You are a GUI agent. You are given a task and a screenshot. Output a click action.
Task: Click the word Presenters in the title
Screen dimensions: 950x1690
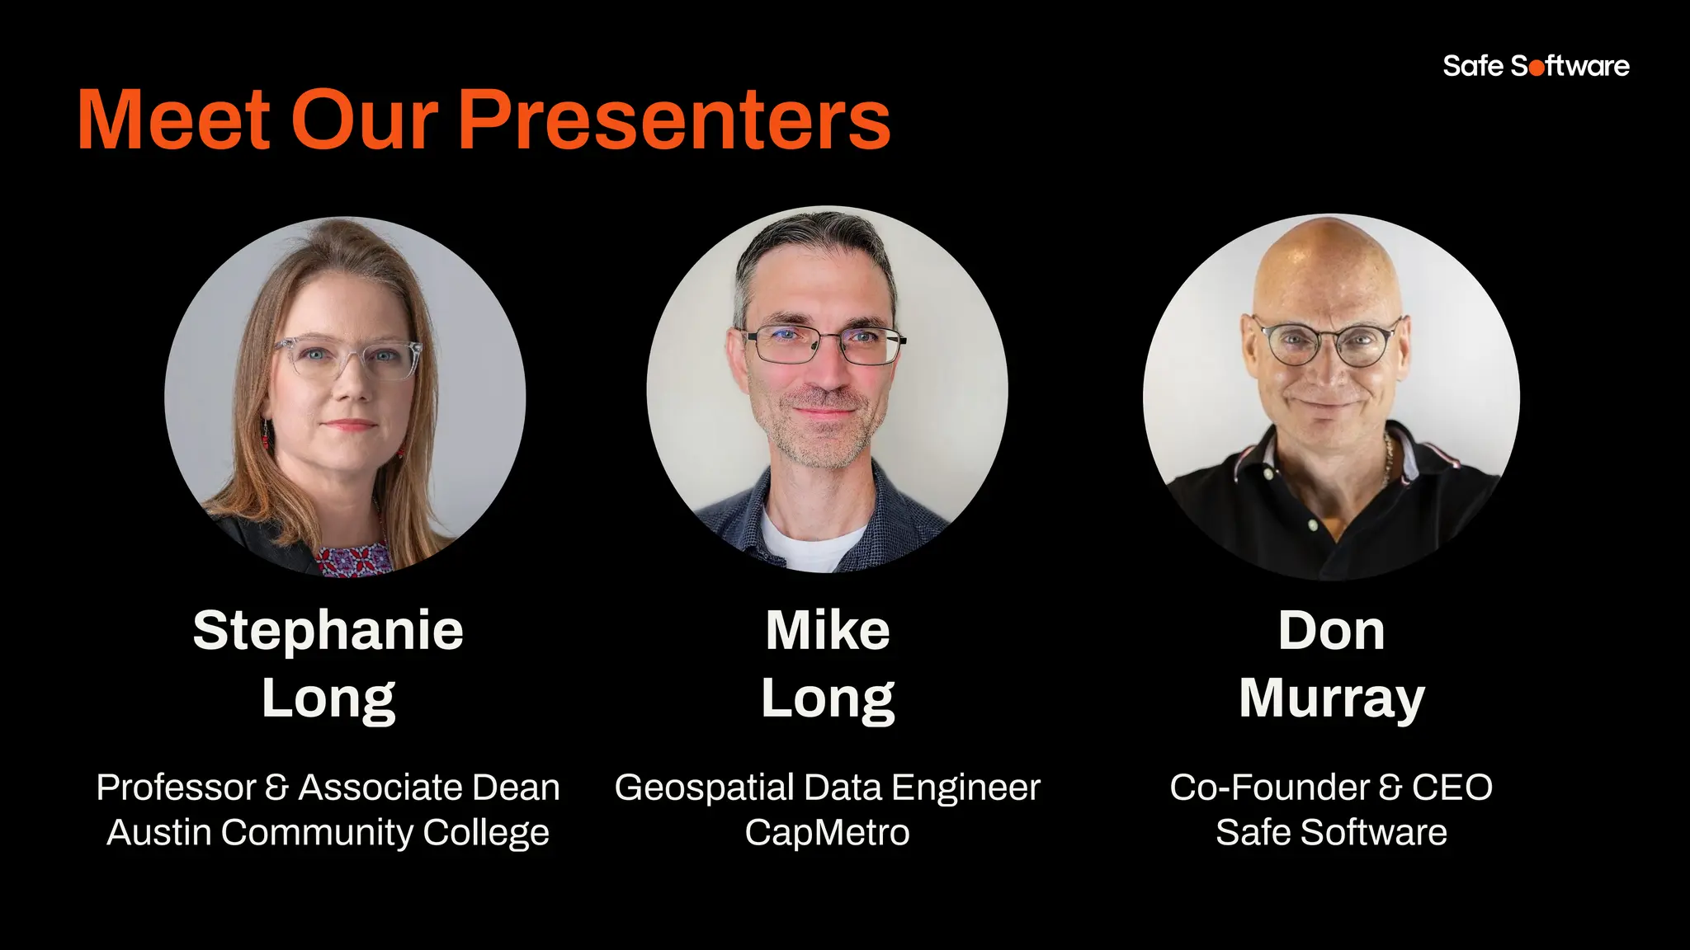(674, 120)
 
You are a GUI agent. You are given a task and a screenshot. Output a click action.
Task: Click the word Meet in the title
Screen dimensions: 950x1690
(174, 120)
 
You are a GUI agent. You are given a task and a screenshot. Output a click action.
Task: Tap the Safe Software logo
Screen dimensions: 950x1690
(1536, 66)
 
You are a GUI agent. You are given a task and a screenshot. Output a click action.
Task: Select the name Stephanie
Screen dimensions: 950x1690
(328, 631)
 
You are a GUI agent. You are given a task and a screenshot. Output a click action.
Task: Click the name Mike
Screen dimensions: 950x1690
(828, 631)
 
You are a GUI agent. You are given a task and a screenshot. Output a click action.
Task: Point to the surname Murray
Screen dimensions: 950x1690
(1331, 699)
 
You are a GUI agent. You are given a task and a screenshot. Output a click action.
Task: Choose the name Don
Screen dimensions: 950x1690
(1331, 631)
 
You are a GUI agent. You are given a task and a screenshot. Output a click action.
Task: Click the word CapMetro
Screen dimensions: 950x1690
(827, 833)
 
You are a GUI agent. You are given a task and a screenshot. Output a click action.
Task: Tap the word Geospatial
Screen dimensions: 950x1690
(704, 788)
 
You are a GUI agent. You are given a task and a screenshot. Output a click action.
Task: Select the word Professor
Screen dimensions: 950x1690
(177, 788)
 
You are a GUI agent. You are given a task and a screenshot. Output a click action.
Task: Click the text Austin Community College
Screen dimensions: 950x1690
(328, 833)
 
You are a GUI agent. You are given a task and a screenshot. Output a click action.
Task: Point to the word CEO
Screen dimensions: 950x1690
(1452, 788)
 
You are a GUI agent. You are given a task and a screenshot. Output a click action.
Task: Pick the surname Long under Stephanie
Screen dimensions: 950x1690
(328, 699)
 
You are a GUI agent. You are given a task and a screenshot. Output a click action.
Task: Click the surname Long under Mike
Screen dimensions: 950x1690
(828, 699)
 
